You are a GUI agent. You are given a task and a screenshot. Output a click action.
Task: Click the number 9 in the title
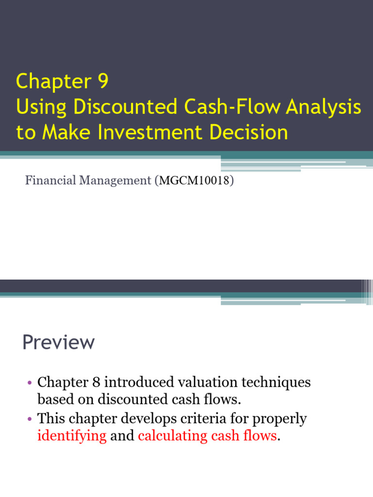click(103, 81)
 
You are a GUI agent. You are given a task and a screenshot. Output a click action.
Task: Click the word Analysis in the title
click(323, 107)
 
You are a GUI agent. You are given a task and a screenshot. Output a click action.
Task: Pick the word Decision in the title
click(249, 132)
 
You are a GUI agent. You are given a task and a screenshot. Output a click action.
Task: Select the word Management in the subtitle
click(115, 181)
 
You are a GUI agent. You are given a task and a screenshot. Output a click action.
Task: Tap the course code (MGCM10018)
click(194, 181)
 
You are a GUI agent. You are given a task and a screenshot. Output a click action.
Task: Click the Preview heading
click(58, 342)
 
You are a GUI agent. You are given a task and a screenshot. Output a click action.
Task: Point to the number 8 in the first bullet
click(96, 382)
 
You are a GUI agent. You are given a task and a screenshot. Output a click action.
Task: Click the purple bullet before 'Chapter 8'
click(30, 382)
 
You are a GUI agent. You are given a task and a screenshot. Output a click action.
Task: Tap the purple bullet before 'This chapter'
click(30, 419)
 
